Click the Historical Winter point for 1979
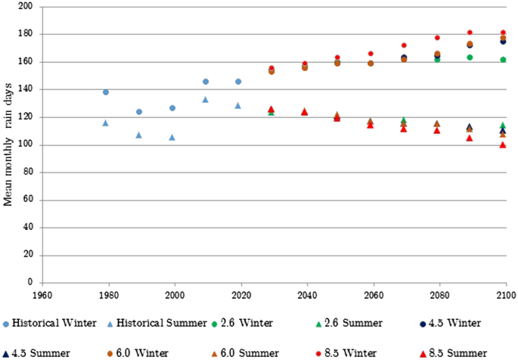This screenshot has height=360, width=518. click(106, 92)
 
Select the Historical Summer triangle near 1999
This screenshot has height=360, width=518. click(172, 137)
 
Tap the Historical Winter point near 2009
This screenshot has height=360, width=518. click(206, 81)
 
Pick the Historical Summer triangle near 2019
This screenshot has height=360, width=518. click(238, 105)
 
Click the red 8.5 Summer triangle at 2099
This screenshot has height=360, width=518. click(503, 144)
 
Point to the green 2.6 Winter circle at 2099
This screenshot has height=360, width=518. click(503, 60)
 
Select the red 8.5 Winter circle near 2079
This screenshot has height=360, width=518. click(437, 37)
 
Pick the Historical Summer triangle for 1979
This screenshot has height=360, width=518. click(106, 123)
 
